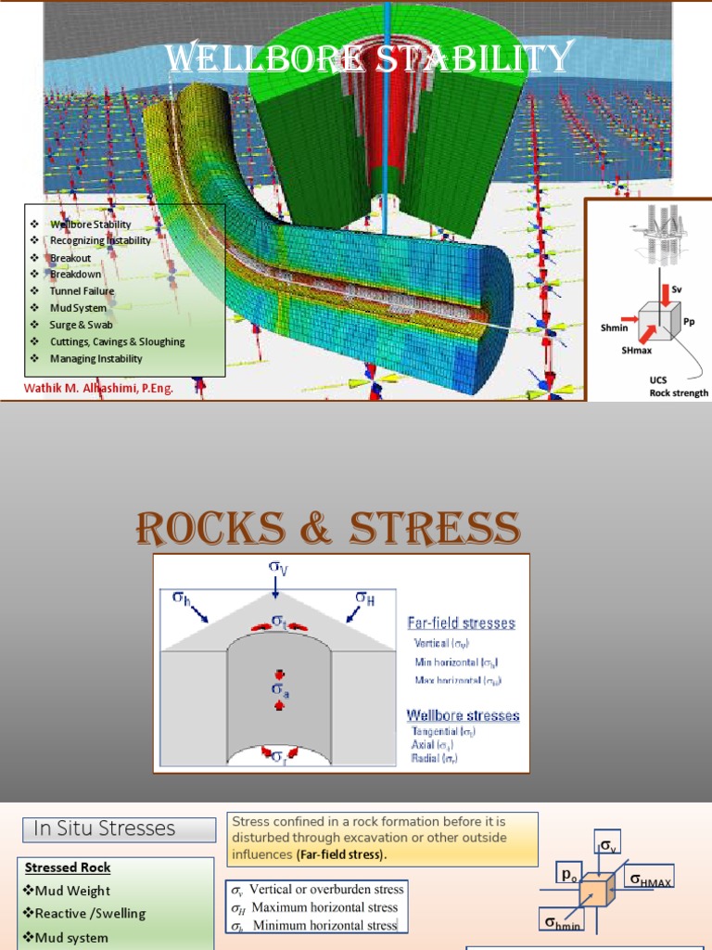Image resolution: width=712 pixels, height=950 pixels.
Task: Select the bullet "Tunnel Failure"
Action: [x=83, y=290]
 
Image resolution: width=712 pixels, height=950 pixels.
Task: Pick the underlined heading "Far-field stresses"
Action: [x=463, y=623]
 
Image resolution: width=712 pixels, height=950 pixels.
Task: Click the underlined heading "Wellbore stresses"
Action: [x=464, y=715]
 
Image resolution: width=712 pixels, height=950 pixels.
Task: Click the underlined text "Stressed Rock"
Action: [x=68, y=867]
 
